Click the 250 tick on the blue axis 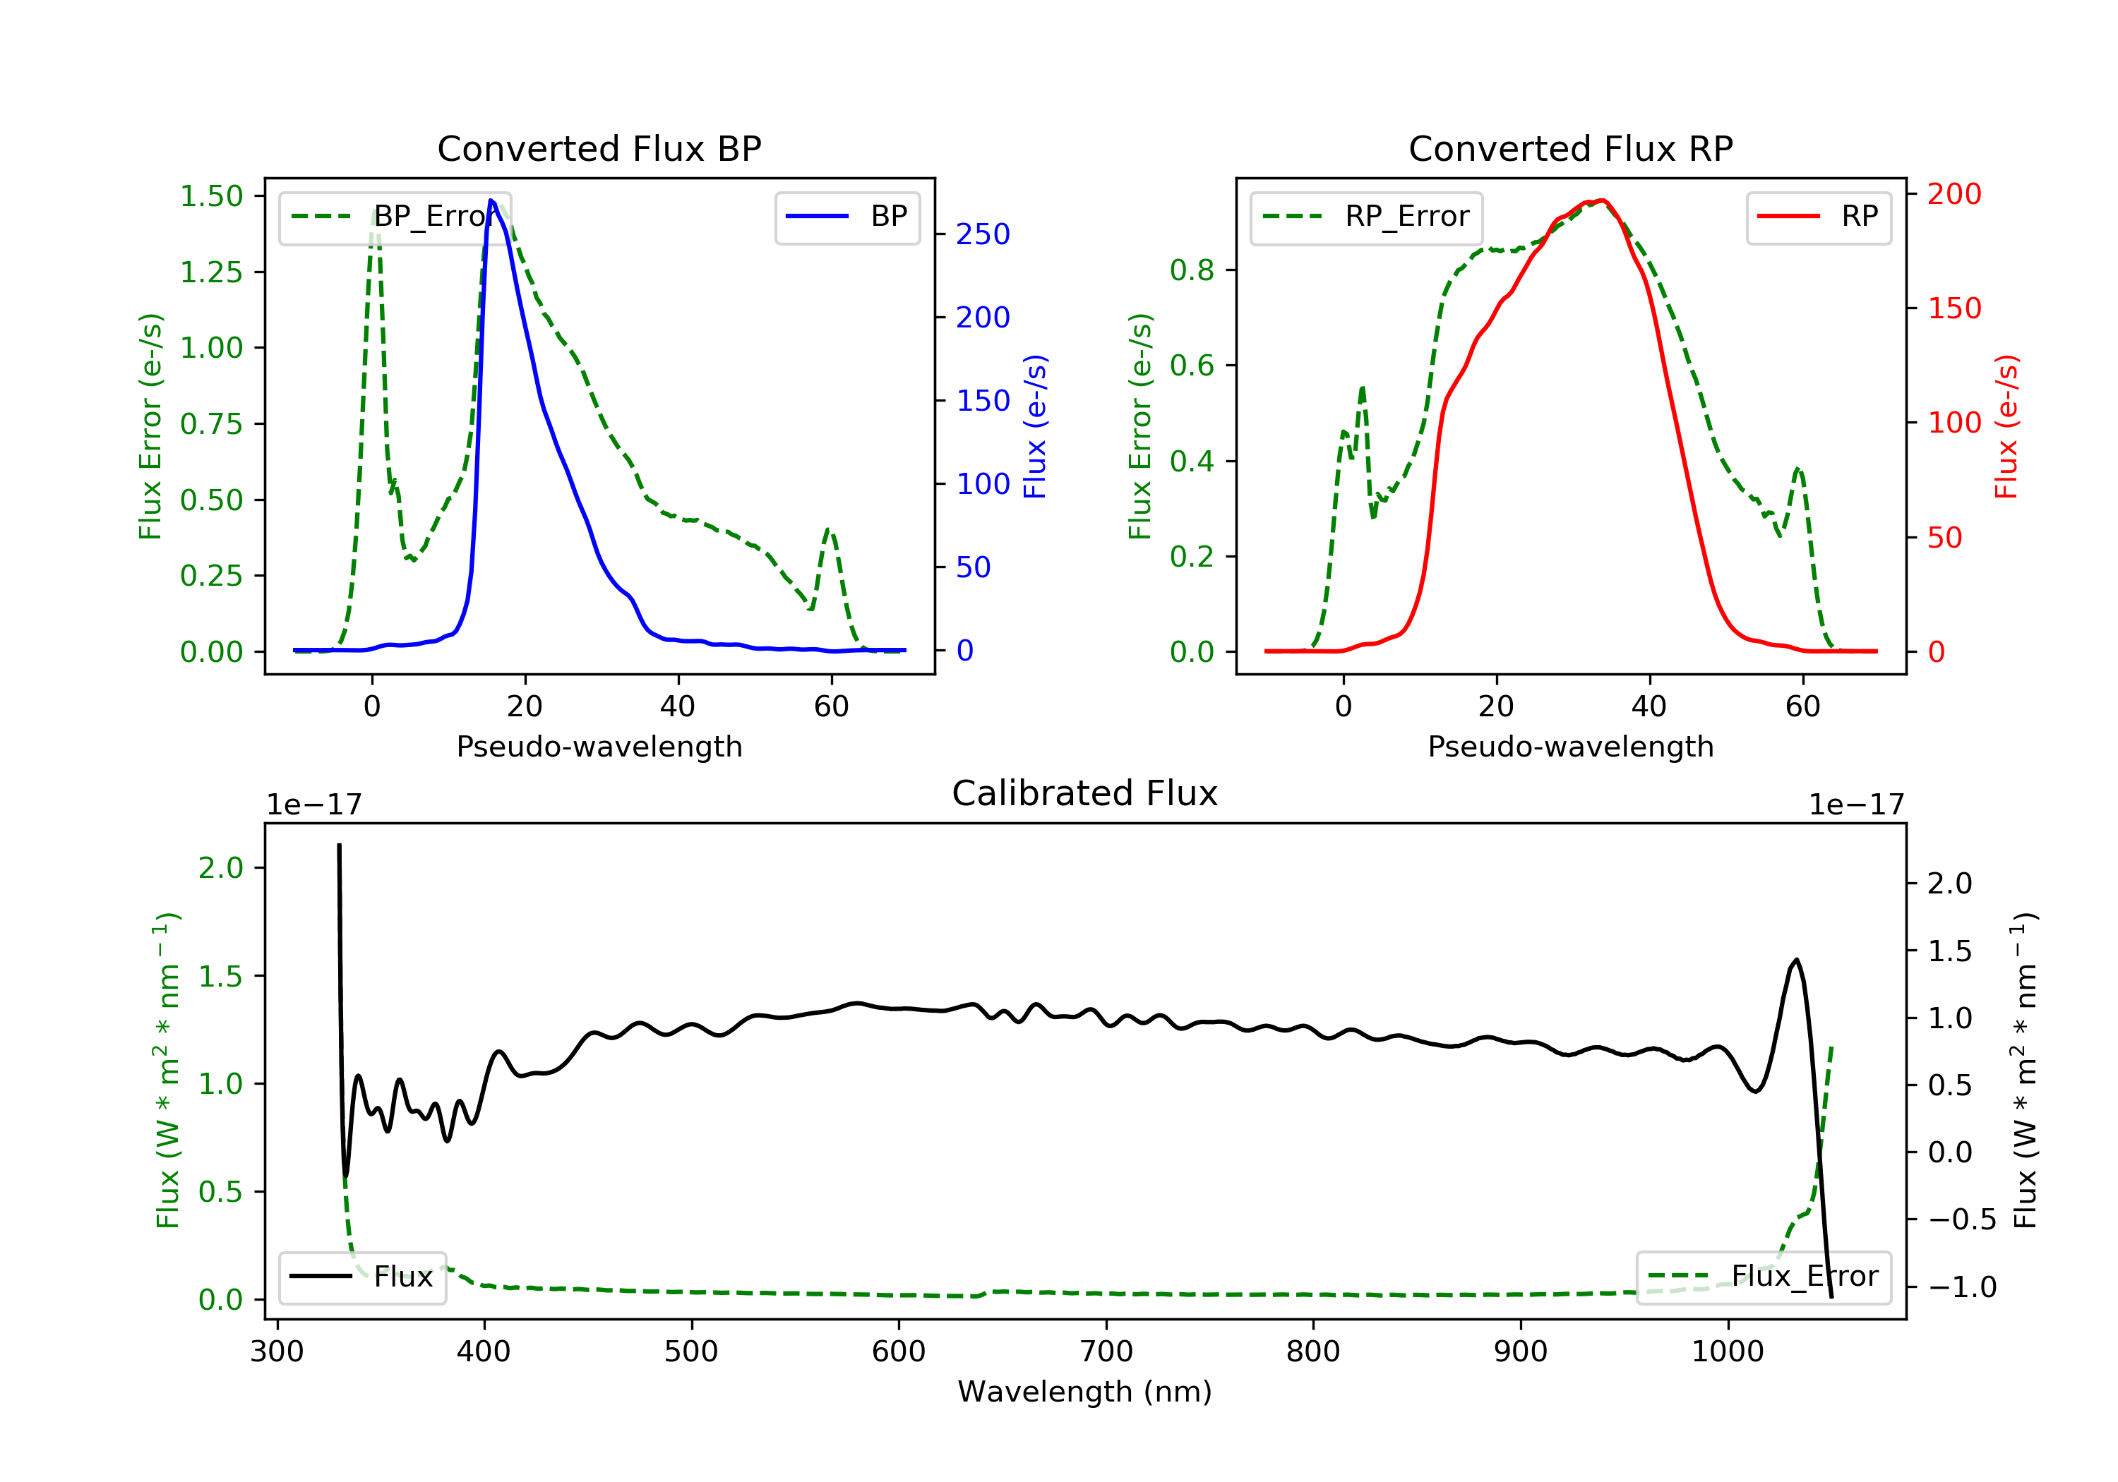983,234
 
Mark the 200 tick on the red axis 1954,193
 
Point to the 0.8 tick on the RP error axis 1191,270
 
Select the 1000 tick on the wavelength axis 1727,1352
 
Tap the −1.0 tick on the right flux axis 1961,1287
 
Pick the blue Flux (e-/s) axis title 1035,427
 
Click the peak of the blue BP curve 491,200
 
